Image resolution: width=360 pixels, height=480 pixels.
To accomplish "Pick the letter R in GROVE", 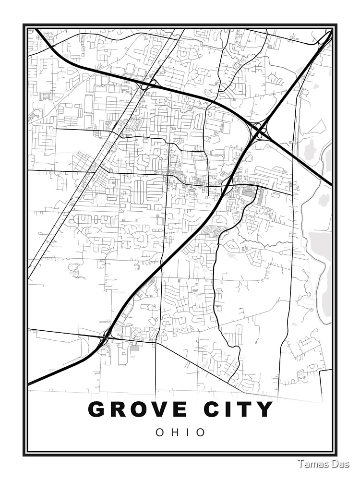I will point(120,409).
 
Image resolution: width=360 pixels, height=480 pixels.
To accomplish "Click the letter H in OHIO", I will point(175,432).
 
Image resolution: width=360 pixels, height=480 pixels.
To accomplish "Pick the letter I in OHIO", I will point(189,432).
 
